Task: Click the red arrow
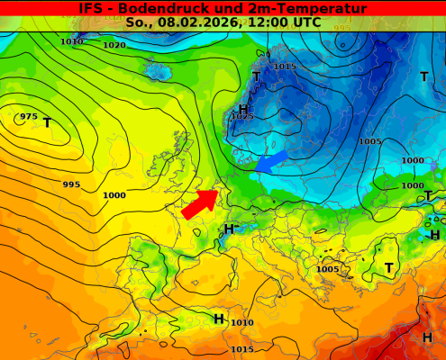click(200, 203)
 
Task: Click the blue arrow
click(271, 161)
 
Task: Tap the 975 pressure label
click(29, 116)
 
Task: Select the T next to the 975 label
click(47, 123)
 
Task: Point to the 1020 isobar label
click(114, 45)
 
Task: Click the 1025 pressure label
click(242, 116)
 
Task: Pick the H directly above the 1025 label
click(242, 108)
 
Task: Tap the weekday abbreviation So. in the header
click(138, 22)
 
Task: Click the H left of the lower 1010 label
click(219, 319)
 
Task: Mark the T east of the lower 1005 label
click(389, 268)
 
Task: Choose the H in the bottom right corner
click(427, 337)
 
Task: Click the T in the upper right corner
click(423, 77)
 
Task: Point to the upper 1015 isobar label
click(285, 67)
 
